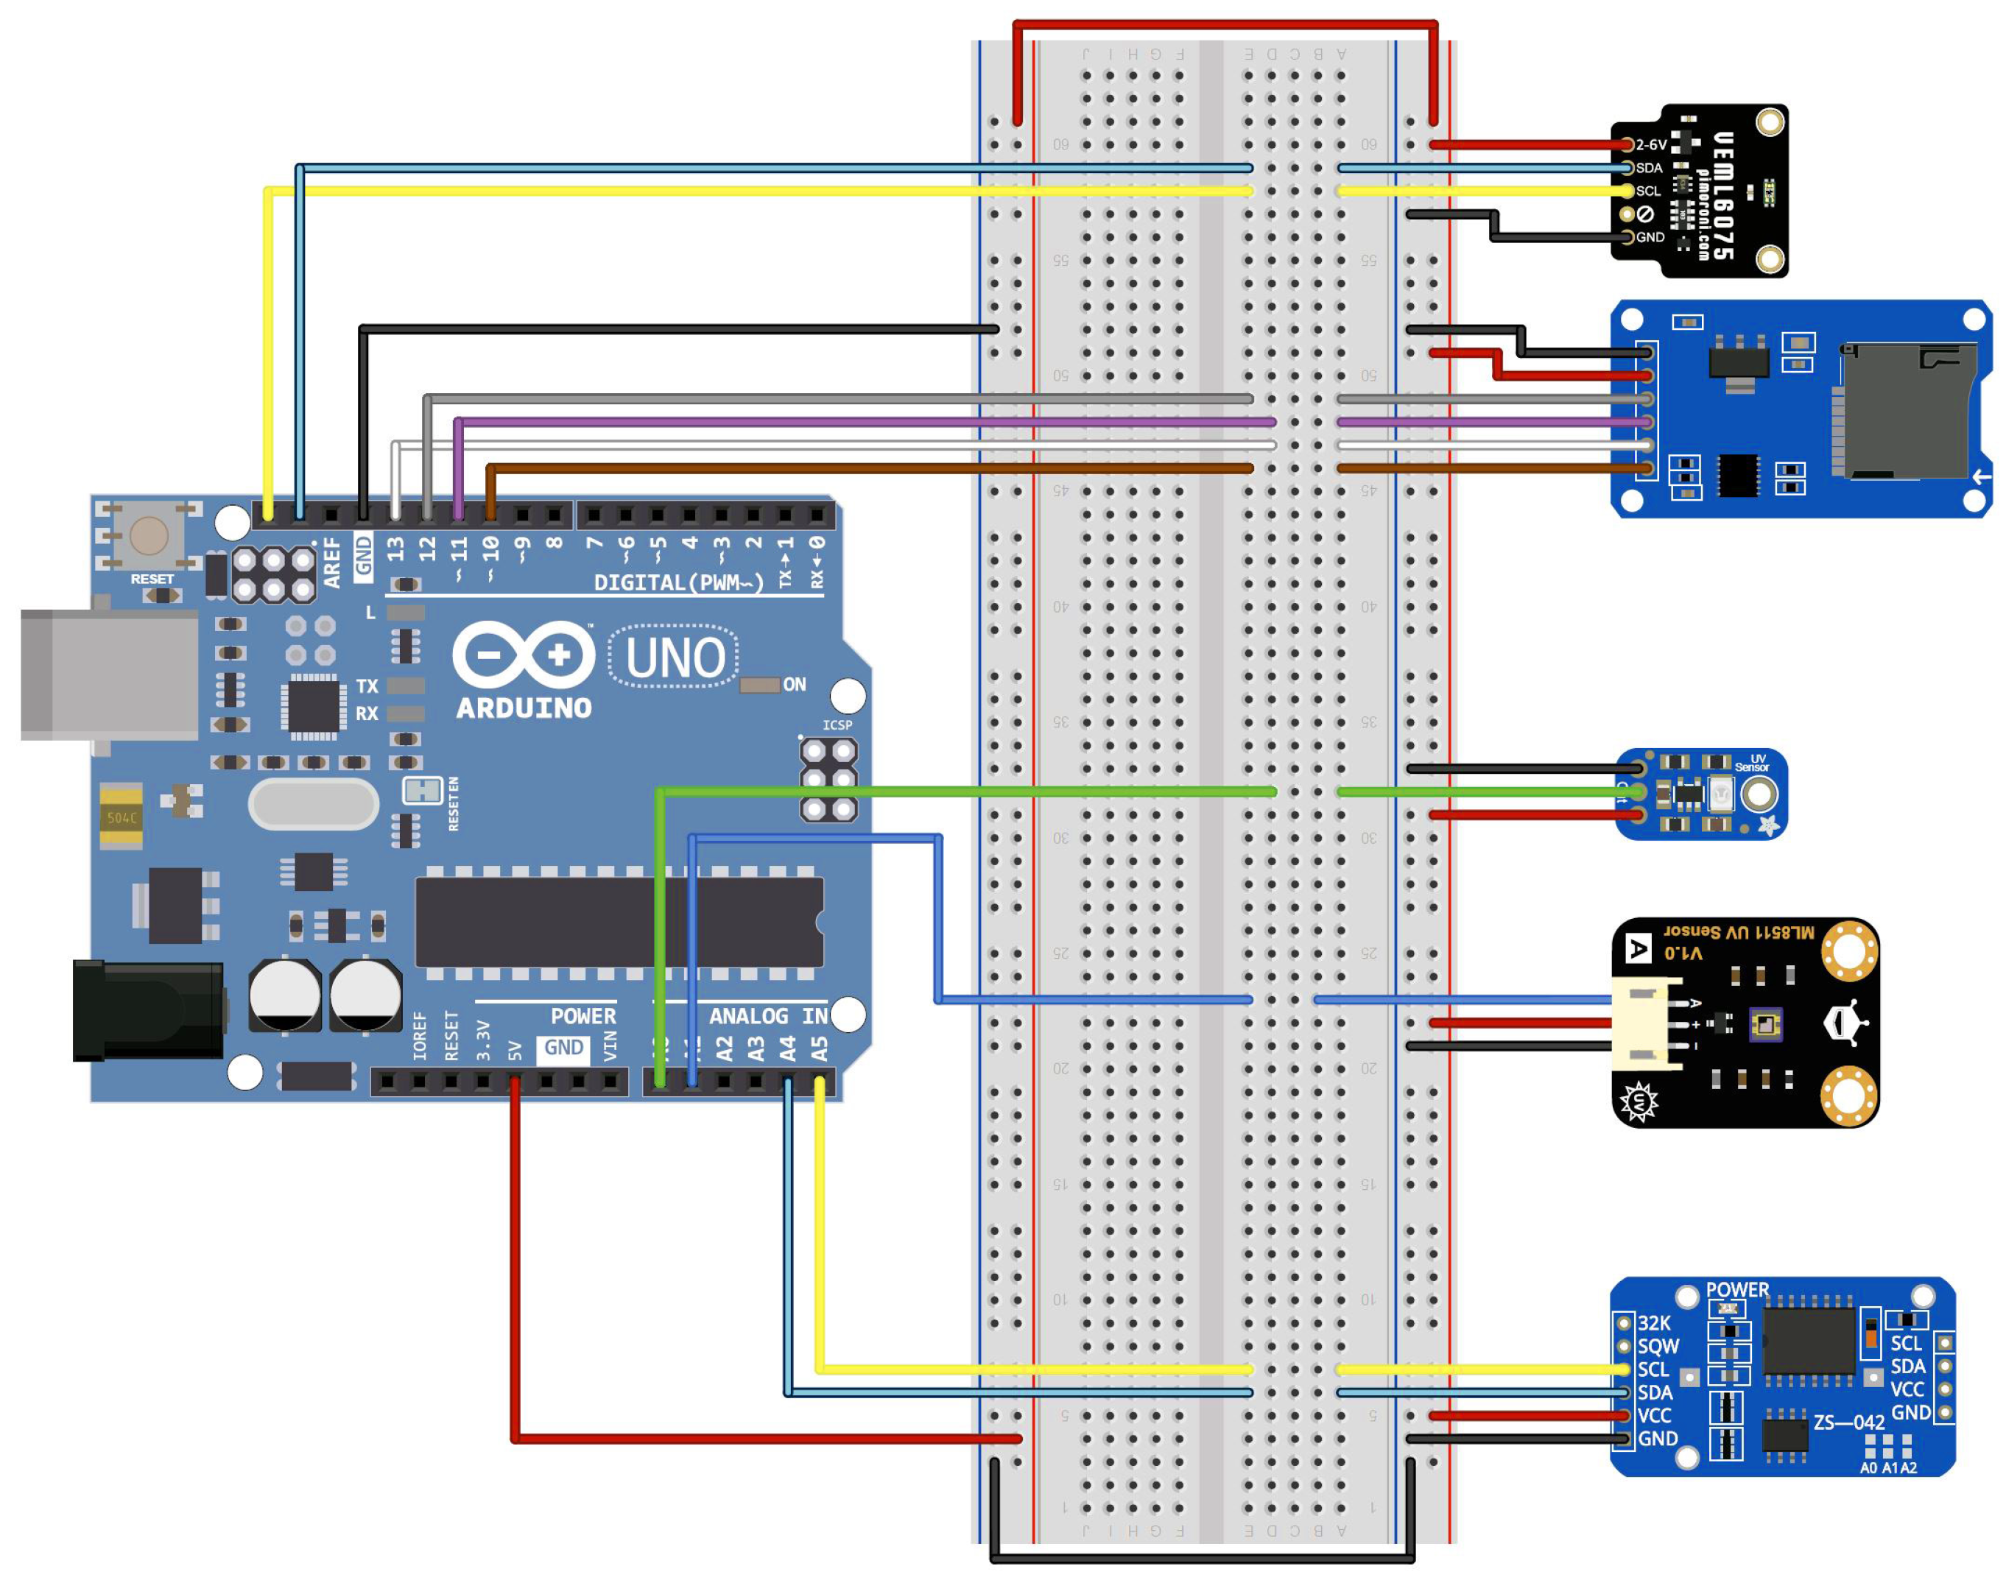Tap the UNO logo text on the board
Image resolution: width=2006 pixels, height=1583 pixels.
(x=675, y=658)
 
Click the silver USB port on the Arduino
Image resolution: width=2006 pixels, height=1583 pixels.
(x=110, y=674)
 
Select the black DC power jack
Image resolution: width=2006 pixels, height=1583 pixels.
(x=148, y=1010)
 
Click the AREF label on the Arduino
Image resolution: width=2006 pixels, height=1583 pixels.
(x=332, y=563)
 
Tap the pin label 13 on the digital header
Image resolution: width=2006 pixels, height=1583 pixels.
(x=395, y=549)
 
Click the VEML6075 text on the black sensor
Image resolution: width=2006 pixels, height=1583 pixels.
(x=1722, y=194)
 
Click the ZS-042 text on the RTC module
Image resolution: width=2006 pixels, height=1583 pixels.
(x=1849, y=1422)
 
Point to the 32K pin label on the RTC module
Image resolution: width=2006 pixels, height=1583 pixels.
(x=1655, y=1324)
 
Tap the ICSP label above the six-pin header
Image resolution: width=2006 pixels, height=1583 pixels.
(x=837, y=724)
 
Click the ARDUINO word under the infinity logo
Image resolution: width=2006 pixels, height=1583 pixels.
(x=524, y=709)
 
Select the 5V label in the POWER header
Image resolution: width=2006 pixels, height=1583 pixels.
(x=515, y=1050)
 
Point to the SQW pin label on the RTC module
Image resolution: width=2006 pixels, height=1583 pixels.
(x=1658, y=1347)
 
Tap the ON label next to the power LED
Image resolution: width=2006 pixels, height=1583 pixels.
(x=795, y=685)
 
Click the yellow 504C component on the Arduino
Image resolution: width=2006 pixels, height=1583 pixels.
(x=122, y=817)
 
